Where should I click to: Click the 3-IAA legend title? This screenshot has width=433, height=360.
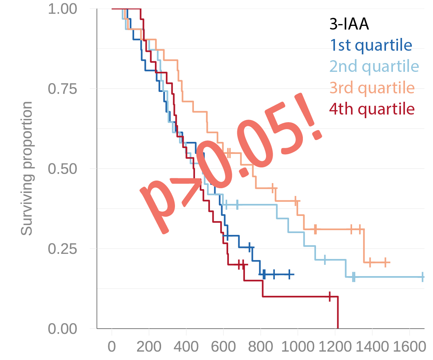[x=349, y=25]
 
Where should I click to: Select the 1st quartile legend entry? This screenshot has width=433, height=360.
[x=371, y=46]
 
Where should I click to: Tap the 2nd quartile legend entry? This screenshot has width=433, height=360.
[x=374, y=67]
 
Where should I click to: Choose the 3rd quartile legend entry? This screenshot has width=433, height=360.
[x=372, y=88]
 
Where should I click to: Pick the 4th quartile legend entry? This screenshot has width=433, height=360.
[x=372, y=109]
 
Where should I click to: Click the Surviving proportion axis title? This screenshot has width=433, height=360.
[x=27, y=169]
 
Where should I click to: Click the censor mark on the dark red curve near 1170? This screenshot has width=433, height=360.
[x=329, y=297]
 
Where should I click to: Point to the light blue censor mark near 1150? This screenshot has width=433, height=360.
[x=324, y=260]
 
